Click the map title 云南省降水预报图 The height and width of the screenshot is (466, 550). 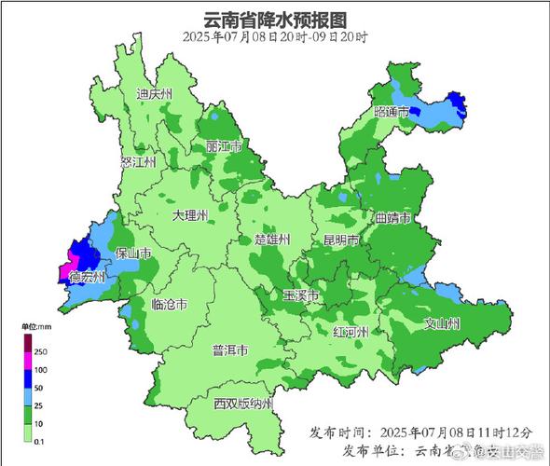pos(275,18)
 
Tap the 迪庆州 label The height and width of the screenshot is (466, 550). pos(155,95)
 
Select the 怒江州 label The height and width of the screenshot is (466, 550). pos(138,161)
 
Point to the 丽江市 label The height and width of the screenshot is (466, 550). pos(225,147)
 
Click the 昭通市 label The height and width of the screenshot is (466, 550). pos(392,112)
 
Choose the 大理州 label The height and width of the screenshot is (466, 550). pos(191,214)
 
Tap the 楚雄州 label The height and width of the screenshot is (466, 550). pos(272,240)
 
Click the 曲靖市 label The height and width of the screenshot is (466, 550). pos(392,218)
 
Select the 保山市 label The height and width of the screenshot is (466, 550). pos(133,253)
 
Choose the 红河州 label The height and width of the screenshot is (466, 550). pos(351,333)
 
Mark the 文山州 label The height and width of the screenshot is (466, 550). pos(443,324)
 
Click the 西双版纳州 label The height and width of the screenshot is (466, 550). pos(242,404)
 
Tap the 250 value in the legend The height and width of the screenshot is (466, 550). pos(41,351)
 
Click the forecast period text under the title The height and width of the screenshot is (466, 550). pos(275,36)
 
